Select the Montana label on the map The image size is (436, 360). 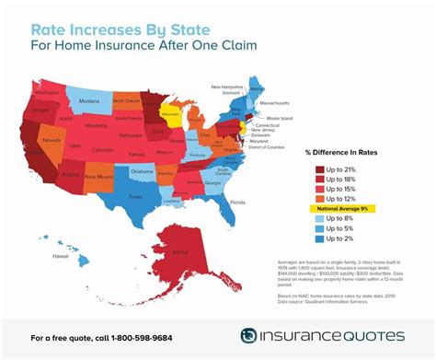[x=89, y=99]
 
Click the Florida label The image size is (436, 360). [x=237, y=201]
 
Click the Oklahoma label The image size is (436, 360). [x=141, y=170]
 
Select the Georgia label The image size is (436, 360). [x=212, y=182]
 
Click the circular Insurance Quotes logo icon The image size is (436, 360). [x=250, y=335]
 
